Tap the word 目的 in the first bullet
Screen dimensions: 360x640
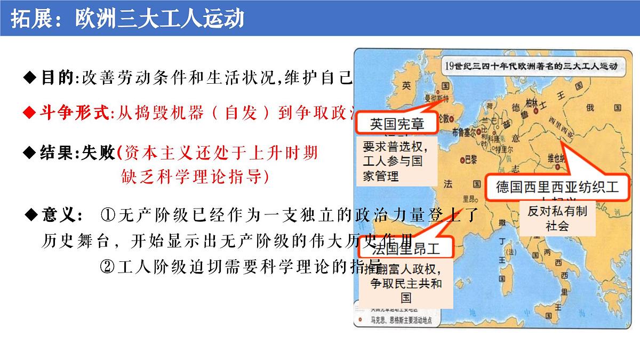click(57, 78)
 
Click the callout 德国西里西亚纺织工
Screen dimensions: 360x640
click(557, 187)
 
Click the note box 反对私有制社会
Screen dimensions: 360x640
click(557, 218)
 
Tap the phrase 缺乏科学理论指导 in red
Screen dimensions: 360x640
click(194, 176)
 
